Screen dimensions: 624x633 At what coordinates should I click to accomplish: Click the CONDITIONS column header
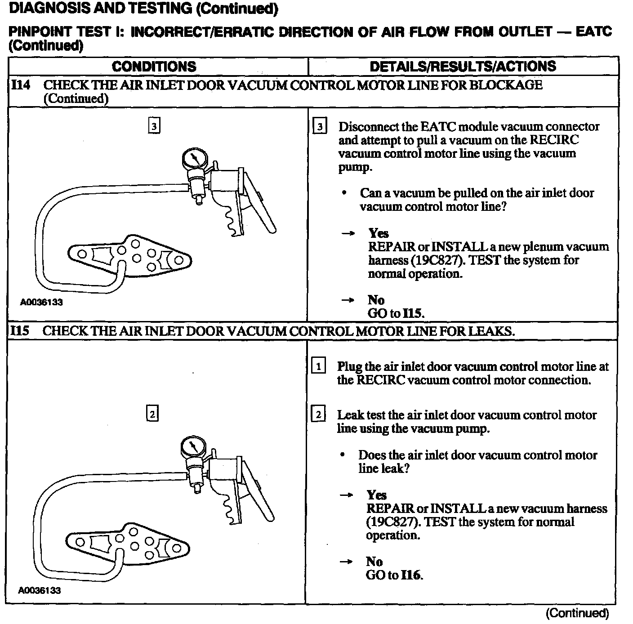154,67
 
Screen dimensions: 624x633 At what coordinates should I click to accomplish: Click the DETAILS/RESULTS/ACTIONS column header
463,67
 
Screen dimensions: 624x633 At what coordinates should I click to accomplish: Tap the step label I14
21,85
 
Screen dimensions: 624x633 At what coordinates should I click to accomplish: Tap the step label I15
20,331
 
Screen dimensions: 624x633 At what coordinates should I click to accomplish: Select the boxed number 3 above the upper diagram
154,127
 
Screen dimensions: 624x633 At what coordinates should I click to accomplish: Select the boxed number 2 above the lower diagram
152,414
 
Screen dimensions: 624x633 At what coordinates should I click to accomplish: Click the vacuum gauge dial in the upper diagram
194,159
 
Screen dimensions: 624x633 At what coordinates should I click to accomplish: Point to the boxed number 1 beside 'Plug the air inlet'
318,366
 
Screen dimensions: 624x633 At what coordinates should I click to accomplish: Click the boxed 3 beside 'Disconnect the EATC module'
320,127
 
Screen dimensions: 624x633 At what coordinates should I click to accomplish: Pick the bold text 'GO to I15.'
396,313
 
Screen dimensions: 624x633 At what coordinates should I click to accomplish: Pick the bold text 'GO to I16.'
394,575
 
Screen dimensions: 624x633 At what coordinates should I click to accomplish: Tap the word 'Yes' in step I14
379,233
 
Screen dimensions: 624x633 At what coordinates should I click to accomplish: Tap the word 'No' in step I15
374,562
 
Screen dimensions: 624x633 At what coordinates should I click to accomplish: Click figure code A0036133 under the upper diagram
41,302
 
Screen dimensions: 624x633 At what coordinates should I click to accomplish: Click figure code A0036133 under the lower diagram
40,590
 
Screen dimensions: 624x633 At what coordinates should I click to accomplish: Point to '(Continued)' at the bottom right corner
577,613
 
